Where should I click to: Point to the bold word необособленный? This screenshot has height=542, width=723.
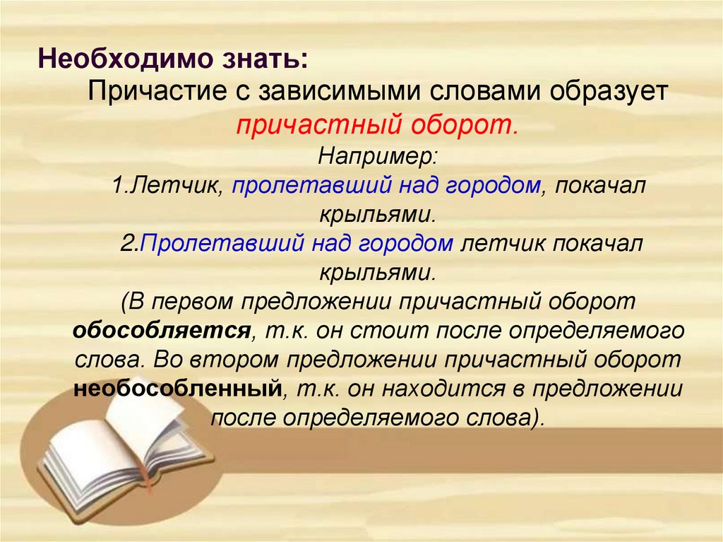click(178, 388)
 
